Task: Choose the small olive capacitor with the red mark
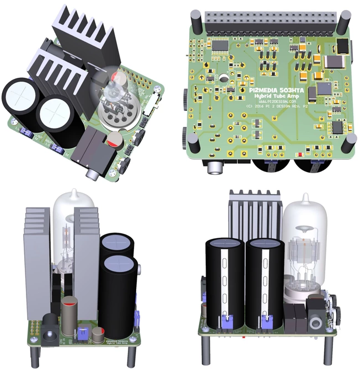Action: [x=99, y=335]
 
